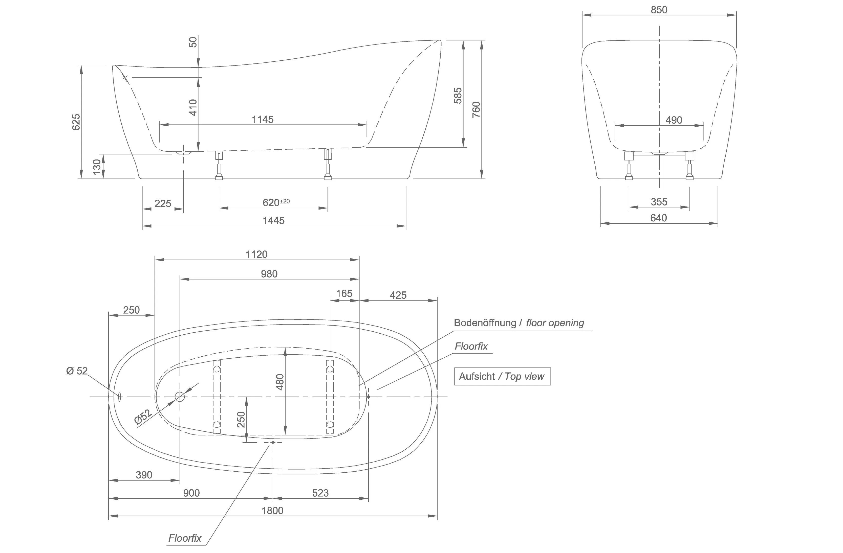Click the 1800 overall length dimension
[x=272, y=511]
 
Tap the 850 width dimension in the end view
[x=659, y=10]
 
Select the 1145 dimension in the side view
[x=263, y=120]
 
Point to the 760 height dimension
[x=477, y=109]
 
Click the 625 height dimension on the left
[x=76, y=122]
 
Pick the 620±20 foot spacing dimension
[x=276, y=202]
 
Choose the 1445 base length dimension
[x=273, y=221]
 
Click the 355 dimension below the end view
[x=659, y=202]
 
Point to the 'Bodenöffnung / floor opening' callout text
[x=519, y=323]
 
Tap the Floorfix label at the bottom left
[x=185, y=538]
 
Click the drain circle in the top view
[x=180, y=397]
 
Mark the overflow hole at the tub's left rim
[x=119, y=397]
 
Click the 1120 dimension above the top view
[x=256, y=255]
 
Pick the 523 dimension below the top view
[x=320, y=493]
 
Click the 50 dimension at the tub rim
[x=193, y=42]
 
